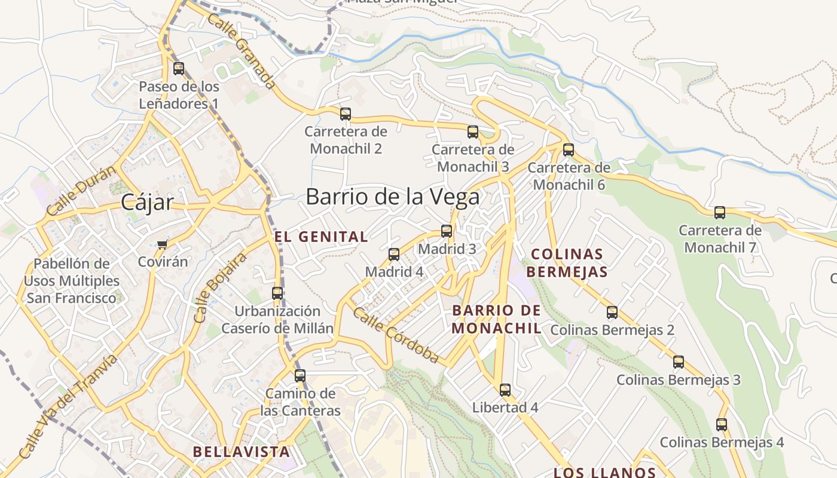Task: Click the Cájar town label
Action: pyautogui.click(x=147, y=203)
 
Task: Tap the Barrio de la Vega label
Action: pyautogui.click(x=392, y=197)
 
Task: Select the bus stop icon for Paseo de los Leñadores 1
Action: pyautogui.click(x=179, y=68)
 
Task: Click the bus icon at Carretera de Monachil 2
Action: pyautogui.click(x=346, y=114)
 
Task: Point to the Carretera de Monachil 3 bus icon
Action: pyautogui.click(x=473, y=131)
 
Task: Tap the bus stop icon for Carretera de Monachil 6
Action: pyautogui.click(x=569, y=149)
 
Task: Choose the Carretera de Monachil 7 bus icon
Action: pyautogui.click(x=720, y=212)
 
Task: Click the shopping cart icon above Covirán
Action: pyautogui.click(x=162, y=244)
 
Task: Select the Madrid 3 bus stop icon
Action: pyautogui.click(x=447, y=231)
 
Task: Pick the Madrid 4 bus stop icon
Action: pyautogui.click(x=394, y=254)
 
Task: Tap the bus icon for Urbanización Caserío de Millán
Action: pyautogui.click(x=277, y=293)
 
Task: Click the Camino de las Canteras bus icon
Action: pyautogui.click(x=300, y=375)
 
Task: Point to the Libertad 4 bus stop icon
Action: pyautogui.click(x=505, y=390)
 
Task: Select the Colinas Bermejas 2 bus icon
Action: pyautogui.click(x=612, y=312)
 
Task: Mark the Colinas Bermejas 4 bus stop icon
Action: pyautogui.click(x=722, y=424)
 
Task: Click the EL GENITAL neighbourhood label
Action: pyautogui.click(x=321, y=237)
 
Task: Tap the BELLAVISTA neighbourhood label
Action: pyautogui.click(x=242, y=452)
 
